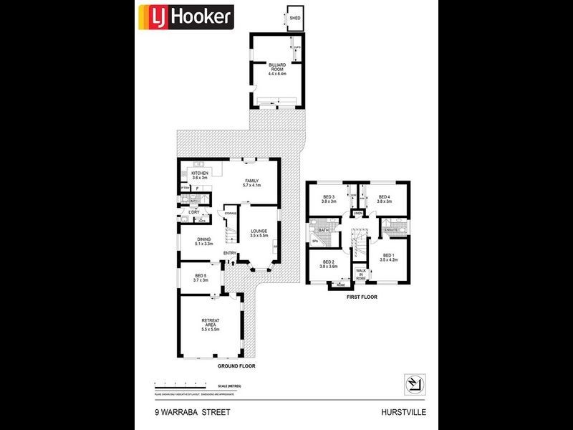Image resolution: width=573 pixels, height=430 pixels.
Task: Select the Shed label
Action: tap(294, 19)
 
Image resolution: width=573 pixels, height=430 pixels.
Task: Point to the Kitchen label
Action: tap(199, 175)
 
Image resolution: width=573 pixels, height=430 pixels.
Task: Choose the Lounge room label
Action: tap(259, 233)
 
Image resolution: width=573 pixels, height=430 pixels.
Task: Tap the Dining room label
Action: tap(204, 242)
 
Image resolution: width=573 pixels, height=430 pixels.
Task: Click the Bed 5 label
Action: tap(201, 278)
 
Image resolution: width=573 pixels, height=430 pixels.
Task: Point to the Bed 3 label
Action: tap(329, 199)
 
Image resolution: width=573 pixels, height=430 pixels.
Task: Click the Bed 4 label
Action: tap(384, 199)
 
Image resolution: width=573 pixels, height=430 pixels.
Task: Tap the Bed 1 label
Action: tap(388, 257)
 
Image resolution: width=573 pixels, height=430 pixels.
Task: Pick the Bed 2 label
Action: tap(329, 264)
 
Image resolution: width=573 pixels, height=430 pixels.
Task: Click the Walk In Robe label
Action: tap(360, 274)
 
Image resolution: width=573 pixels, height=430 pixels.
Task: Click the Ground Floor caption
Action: tap(236, 366)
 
